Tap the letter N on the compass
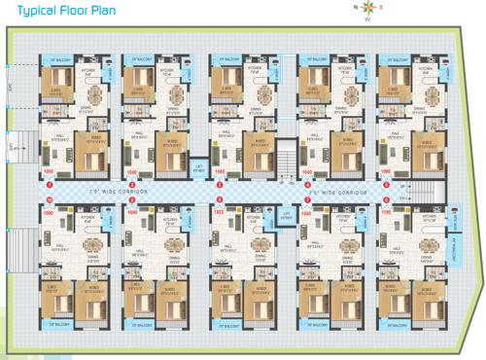pos(355,7)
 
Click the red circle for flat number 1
pos(48,184)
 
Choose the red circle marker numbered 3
pos(219,184)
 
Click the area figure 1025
pos(219,209)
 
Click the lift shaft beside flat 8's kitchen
pos(286,216)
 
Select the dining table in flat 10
pos(89,243)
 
